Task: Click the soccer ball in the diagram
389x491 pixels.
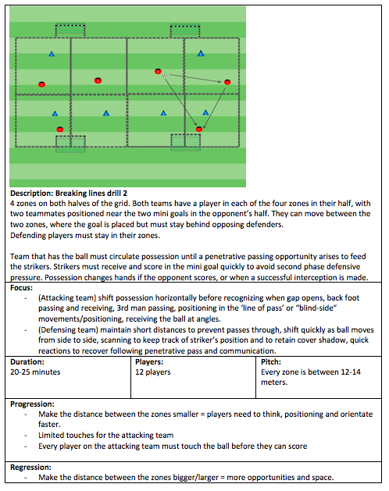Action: [165, 75]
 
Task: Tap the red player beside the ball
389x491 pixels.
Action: [158, 71]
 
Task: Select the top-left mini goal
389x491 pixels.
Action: [70, 30]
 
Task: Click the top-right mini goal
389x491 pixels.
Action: [185, 30]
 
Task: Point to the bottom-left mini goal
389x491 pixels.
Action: [70, 144]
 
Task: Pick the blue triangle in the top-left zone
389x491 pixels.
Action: [52, 54]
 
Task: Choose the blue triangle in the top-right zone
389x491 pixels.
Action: [201, 54]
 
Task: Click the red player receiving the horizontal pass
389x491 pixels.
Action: [227, 82]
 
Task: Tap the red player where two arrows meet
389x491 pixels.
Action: [199, 129]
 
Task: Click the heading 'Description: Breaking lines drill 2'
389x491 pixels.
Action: [69, 194]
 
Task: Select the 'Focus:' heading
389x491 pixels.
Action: [21, 287]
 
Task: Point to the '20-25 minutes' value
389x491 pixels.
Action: [35, 372]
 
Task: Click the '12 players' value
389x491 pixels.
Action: [153, 372]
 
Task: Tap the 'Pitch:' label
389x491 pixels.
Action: [271, 361]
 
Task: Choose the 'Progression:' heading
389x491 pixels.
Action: [32, 404]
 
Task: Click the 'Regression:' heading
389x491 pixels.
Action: [30, 468]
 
